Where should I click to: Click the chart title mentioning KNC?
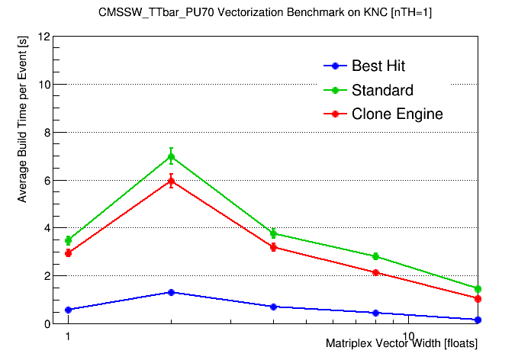[265, 13]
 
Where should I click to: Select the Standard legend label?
[382, 90]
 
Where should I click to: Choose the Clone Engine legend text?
[397, 114]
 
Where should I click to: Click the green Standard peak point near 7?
[171, 157]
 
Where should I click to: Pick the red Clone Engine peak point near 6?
[171, 181]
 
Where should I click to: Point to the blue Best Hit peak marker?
[171, 292]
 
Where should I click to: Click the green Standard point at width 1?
[69, 240]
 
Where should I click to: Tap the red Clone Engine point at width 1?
[69, 253]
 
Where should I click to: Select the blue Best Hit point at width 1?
[69, 310]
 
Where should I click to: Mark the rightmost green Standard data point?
[478, 289]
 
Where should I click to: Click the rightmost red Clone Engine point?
[478, 299]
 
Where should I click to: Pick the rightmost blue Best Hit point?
[478, 320]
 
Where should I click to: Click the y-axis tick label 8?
[47, 132]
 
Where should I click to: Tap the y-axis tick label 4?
[47, 228]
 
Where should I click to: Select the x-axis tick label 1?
[69, 336]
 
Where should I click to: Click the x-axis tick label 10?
[408, 336]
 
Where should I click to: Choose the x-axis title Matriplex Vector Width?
[401, 344]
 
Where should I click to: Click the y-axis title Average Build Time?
[22, 121]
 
